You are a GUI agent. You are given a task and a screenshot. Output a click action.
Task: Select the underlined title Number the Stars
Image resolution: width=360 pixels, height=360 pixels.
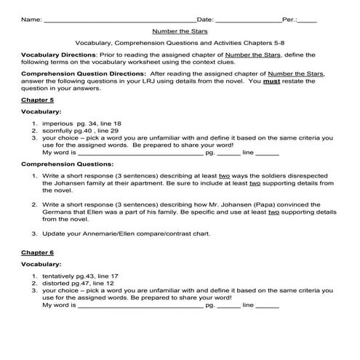pos(180,31)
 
